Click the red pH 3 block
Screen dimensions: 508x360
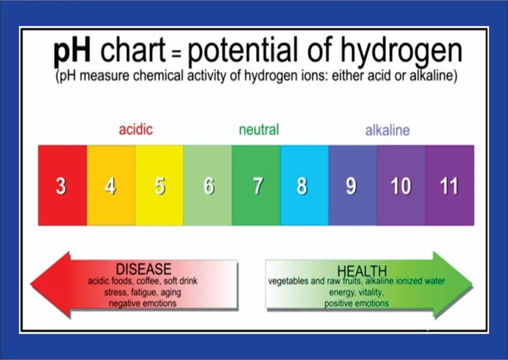pos(62,185)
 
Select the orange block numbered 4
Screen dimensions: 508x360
pos(111,185)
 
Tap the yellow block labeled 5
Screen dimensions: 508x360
pos(159,185)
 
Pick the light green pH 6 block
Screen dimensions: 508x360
pos(208,185)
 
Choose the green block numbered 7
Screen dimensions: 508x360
pos(256,185)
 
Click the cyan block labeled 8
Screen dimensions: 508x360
pos(304,185)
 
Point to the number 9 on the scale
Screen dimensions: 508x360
pos(351,186)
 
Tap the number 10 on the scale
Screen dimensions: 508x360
pos(401,186)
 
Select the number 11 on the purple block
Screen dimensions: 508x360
pos(448,186)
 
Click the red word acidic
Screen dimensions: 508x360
pos(136,129)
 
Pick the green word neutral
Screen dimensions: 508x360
pos(258,130)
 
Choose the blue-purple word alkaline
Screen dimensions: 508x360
pos(388,130)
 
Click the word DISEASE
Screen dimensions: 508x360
pos(144,269)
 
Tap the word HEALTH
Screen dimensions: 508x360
pos(362,271)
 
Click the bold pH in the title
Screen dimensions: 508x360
pos(72,52)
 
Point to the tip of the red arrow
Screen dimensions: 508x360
pos(30,284)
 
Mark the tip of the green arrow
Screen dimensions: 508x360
pos(472,284)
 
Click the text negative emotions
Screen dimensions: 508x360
pos(142,303)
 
